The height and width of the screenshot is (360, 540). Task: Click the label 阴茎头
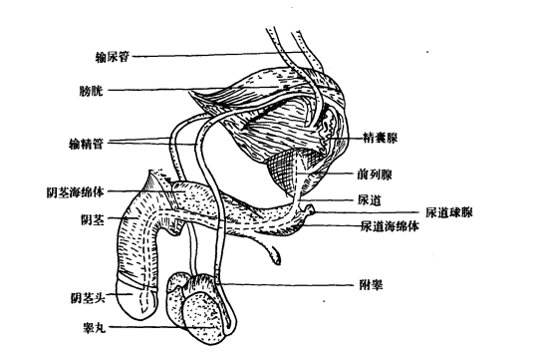(x=88, y=296)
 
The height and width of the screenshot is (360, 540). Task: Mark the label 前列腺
(x=374, y=173)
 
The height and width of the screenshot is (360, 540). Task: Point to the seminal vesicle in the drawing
(x=326, y=130)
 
